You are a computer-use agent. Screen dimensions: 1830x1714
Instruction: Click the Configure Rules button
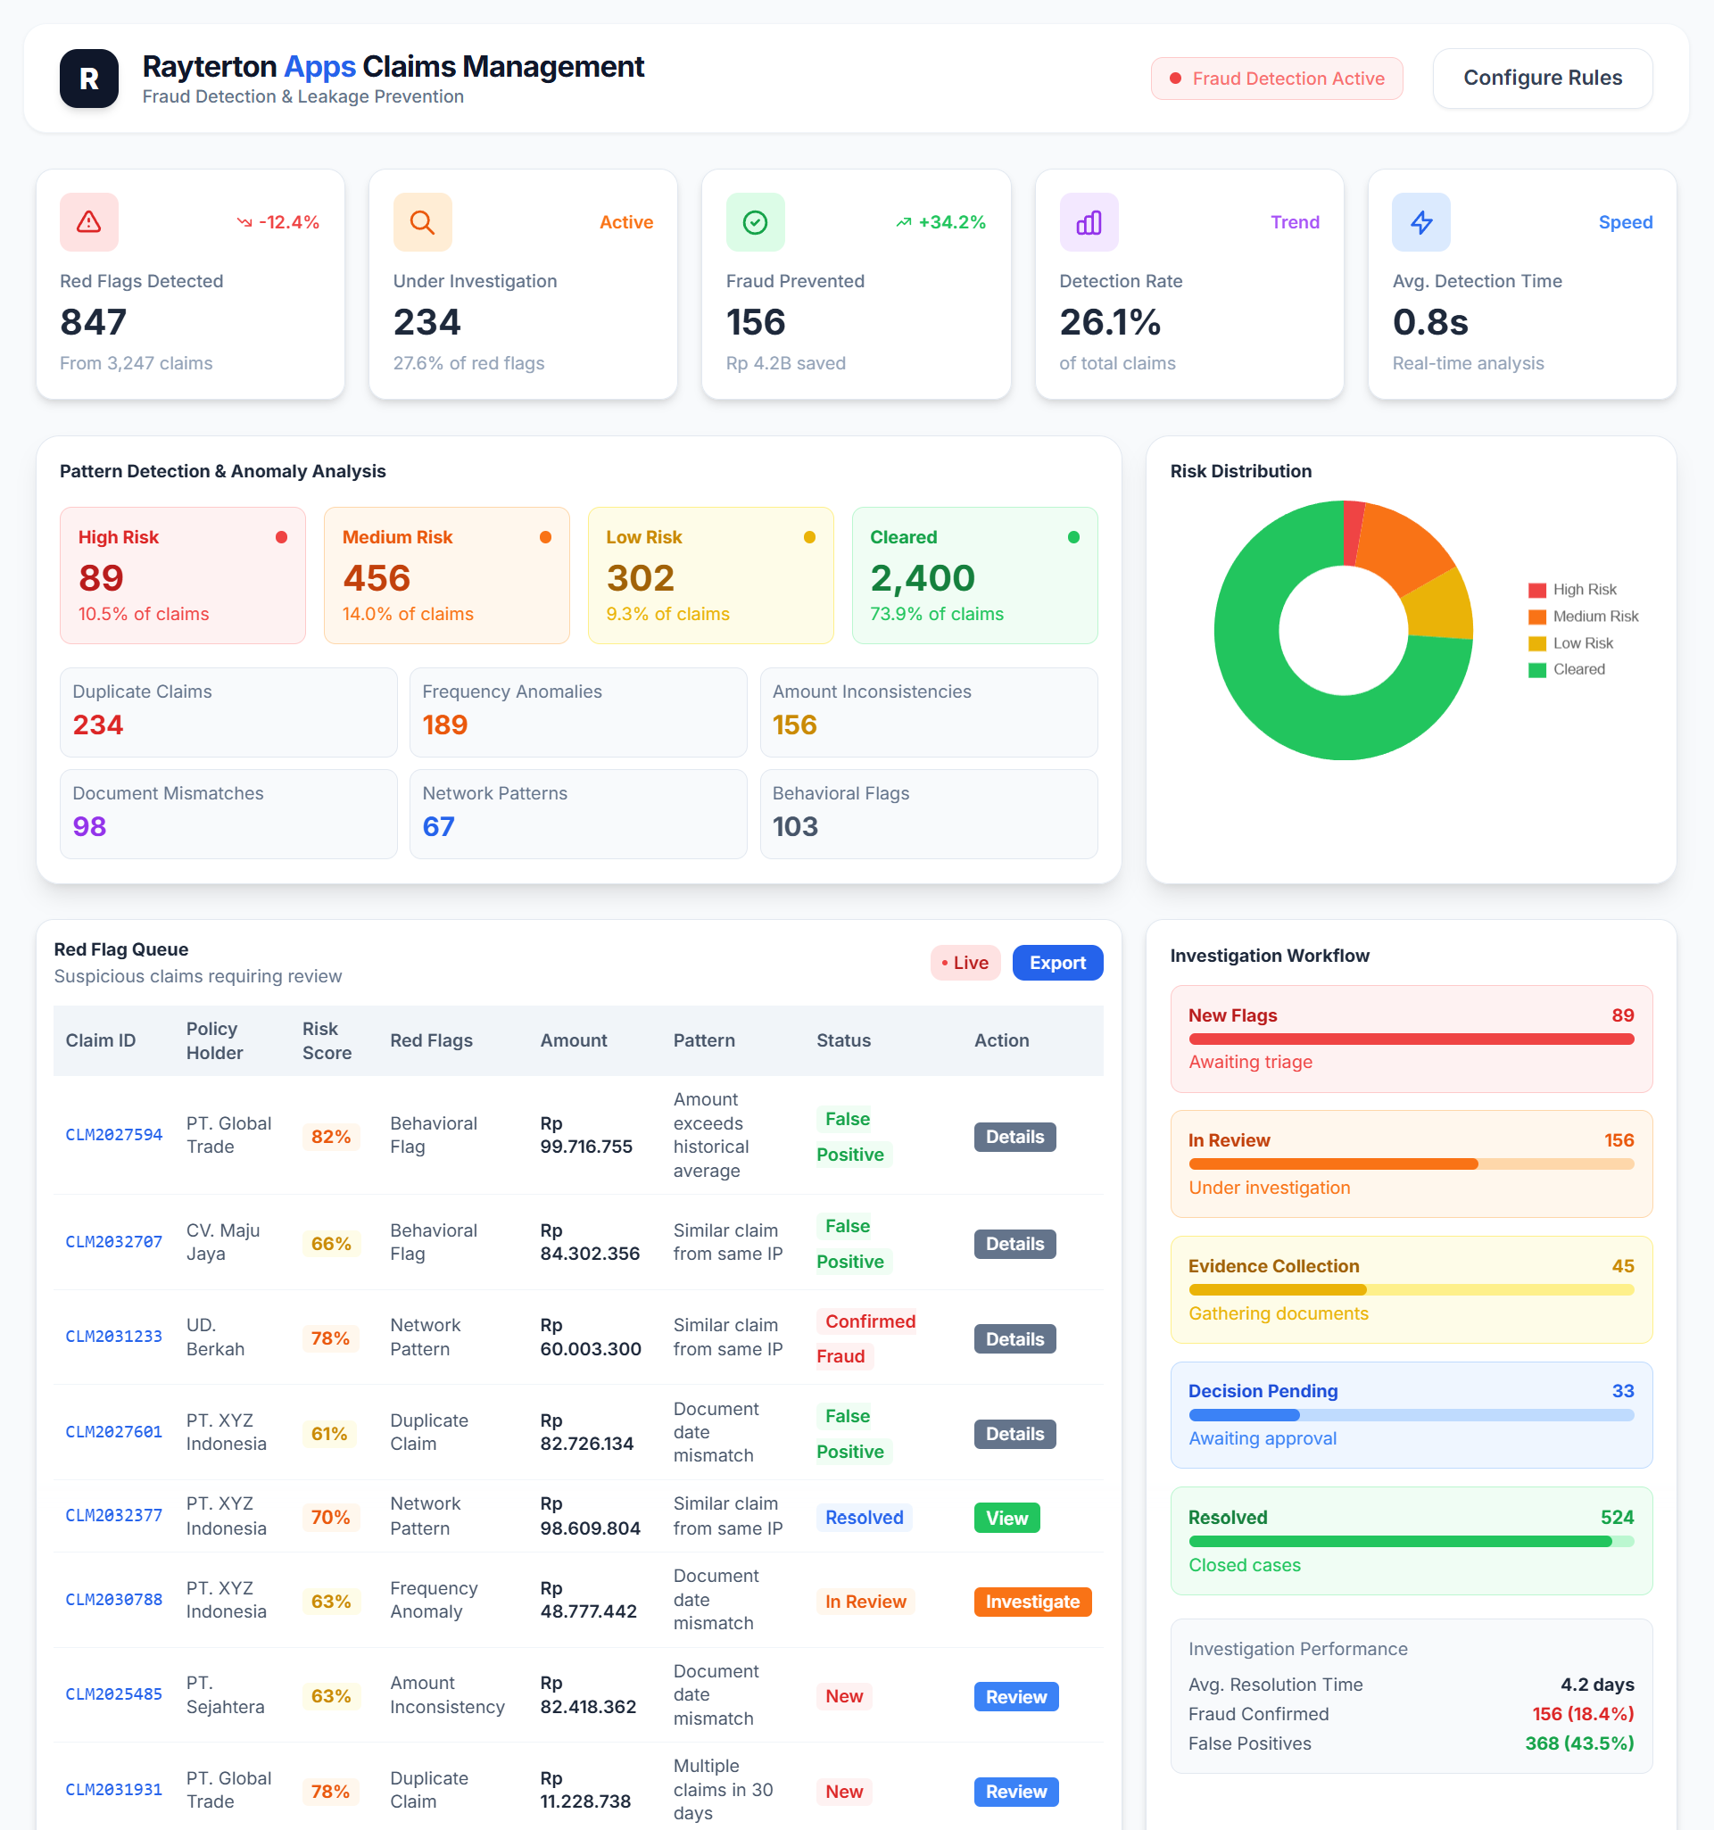click(x=1542, y=79)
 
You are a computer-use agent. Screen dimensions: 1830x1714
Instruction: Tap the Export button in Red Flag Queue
click(x=1056, y=963)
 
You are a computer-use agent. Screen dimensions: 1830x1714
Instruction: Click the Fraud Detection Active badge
click(x=1276, y=79)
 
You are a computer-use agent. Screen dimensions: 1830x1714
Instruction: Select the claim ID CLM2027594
click(x=113, y=1135)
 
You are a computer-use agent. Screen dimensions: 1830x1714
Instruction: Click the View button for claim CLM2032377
click(x=1006, y=1518)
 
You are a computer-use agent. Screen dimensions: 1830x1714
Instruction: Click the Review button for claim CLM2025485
click(x=1015, y=1696)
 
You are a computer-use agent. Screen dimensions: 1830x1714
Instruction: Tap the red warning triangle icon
click(x=89, y=222)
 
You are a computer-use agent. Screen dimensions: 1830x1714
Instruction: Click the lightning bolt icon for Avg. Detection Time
click(x=1420, y=222)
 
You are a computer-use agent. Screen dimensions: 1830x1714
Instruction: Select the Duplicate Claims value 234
click(x=97, y=725)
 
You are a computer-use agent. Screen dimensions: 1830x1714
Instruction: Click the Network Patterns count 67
click(x=438, y=826)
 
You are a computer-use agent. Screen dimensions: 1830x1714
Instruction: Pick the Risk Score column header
click(x=327, y=1040)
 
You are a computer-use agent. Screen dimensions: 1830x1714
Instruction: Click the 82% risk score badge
click(x=330, y=1137)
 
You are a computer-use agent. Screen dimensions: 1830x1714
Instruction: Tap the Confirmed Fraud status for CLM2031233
click(x=866, y=1337)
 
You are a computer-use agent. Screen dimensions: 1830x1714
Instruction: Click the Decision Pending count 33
click(x=1622, y=1391)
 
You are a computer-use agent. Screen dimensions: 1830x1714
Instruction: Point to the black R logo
click(x=89, y=79)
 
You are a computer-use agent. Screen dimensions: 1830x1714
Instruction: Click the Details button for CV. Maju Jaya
click(x=1014, y=1244)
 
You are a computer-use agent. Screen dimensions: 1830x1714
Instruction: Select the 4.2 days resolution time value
click(x=1596, y=1685)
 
